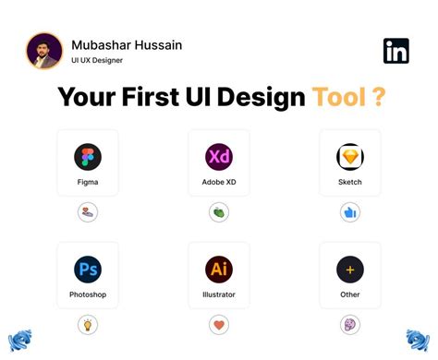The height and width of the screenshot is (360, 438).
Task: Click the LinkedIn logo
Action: [x=395, y=51]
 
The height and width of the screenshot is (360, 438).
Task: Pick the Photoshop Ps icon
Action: [x=88, y=270]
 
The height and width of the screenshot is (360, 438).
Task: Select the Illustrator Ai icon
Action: [x=219, y=270]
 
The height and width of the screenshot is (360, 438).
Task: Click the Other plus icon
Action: [x=350, y=270]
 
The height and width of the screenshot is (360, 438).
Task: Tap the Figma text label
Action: [x=88, y=182]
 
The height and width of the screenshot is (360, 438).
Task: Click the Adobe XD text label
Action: [x=219, y=182]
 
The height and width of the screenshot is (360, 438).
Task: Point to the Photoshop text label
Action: [x=88, y=295]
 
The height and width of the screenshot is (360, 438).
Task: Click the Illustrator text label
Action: [x=219, y=295]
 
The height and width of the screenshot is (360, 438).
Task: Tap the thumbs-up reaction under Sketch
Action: [x=350, y=212]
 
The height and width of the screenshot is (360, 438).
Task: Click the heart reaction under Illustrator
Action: [x=219, y=325]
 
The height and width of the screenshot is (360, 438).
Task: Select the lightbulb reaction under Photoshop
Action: [x=88, y=325]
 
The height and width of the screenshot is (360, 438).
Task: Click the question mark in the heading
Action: [x=378, y=97]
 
